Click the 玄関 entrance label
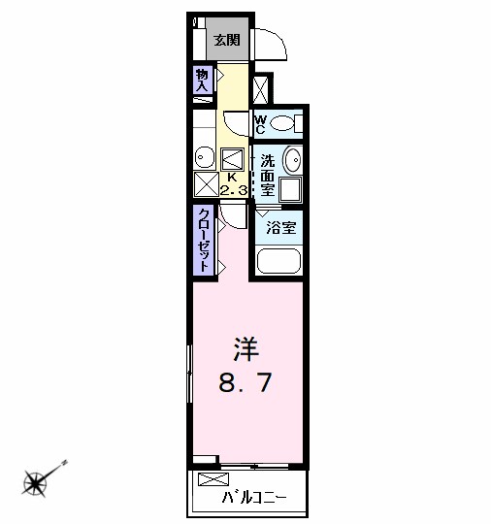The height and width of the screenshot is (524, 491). tap(227, 41)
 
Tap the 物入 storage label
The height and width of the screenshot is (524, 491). tap(202, 81)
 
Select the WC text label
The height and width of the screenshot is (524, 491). tap(260, 124)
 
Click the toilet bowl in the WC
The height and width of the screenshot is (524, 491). tap(281, 123)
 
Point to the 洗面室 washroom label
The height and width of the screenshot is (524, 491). tap(268, 176)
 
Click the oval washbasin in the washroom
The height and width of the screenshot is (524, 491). tap(292, 160)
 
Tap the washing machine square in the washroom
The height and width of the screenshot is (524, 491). tap(290, 189)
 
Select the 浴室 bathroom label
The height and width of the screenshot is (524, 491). tap(280, 228)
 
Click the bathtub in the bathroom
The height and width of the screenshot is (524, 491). tap(278, 261)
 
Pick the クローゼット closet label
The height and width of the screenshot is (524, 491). tap(204, 240)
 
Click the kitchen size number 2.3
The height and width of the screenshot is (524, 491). tap(234, 191)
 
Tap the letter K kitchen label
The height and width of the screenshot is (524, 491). tap(232, 178)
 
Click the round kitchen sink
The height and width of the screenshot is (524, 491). tap(204, 157)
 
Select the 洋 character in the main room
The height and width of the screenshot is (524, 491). tap(246, 349)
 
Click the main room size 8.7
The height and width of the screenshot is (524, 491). tap(245, 382)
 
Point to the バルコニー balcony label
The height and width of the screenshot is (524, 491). tap(254, 498)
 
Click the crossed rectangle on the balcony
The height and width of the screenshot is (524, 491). tap(213, 479)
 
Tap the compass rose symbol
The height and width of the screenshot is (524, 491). tap(35, 483)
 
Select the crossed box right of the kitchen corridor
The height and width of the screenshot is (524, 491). tap(260, 89)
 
